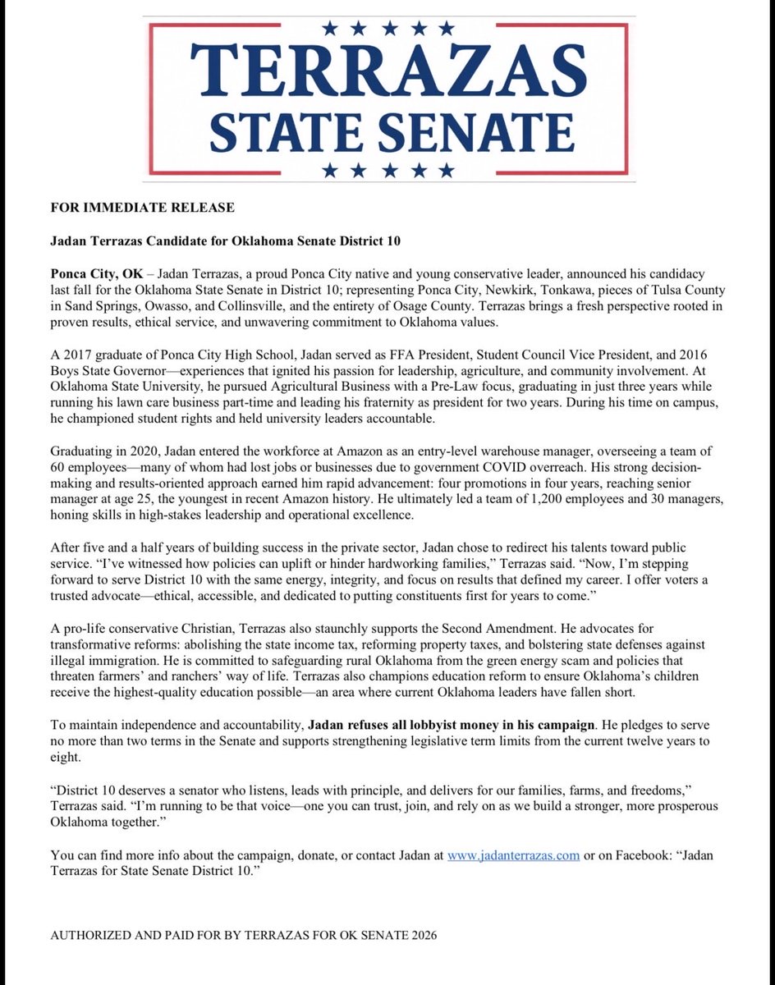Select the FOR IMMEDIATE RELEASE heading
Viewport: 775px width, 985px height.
pos(142,207)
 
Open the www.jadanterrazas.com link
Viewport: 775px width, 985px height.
pos(513,854)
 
